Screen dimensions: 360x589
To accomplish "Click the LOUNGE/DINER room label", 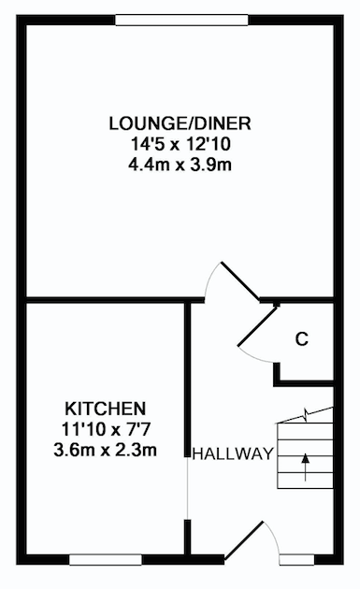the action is click(x=180, y=123).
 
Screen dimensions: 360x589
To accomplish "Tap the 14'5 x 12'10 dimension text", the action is click(x=180, y=144).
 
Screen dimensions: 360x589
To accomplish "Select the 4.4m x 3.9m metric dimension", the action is click(x=180, y=165).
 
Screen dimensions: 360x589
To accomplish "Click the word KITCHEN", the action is click(x=106, y=409).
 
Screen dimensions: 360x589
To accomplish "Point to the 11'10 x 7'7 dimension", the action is click(x=106, y=429).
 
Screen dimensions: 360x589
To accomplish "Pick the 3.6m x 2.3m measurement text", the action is click(x=106, y=450).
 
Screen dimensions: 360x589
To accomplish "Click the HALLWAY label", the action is click(x=233, y=454).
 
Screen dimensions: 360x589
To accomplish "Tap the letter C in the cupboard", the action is click(x=302, y=339).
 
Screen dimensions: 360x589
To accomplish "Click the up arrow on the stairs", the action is click(x=306, y=467).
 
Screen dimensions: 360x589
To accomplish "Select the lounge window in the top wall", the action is click(x=182, y=20).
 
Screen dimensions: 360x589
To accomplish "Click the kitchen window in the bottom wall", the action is click(x=106, y=560).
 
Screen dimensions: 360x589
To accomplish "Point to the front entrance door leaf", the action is click(x=243, y=540).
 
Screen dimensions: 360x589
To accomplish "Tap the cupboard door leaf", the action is click(x=258, y=325).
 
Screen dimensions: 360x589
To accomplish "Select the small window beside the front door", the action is click(x=296, y=560).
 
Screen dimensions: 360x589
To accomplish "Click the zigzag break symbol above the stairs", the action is click(x=307, y=415).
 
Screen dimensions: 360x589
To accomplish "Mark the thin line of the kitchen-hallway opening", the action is click(x=187, y=488).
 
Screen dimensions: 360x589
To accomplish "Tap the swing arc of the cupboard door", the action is click(x=255, y=356).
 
